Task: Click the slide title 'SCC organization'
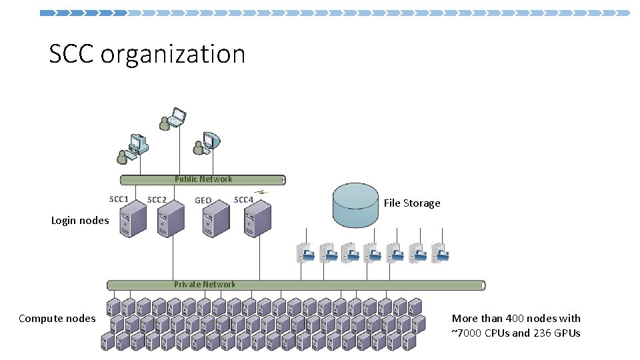point(147,54)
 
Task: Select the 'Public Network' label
point(203,179)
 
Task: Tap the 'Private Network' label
point(205,285)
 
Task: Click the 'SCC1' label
point(119,199)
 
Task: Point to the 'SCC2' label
point(157,200)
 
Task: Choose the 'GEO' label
point(203,201)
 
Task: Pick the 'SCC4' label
point(243,200)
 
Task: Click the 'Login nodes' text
point(80,221)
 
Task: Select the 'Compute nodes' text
point(57,319)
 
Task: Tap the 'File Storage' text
point(412,203)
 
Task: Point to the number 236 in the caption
point(543,333)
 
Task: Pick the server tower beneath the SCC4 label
point(257,220)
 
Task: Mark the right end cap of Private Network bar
point(483,285)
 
